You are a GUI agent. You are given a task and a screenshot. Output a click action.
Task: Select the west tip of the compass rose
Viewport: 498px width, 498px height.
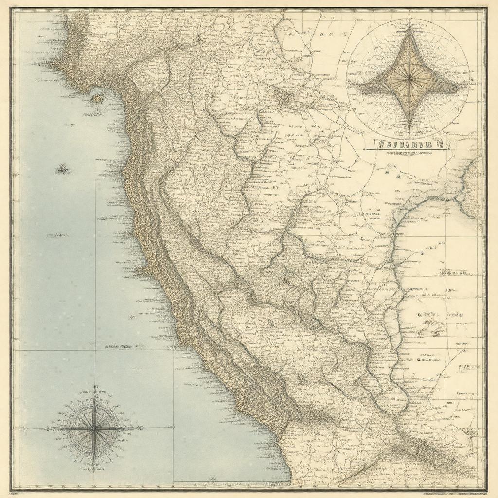[x=46, y=428]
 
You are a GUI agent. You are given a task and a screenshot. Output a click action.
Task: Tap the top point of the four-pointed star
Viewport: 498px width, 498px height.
[x=409, y=24]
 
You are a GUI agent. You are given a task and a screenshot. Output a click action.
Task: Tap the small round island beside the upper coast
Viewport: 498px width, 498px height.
[x=98, y=98]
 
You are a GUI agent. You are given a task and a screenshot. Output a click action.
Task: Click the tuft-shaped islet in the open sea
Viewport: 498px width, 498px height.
[x=62, y=169]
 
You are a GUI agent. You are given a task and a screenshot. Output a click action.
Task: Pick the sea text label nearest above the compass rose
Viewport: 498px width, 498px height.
[x=118, y=347]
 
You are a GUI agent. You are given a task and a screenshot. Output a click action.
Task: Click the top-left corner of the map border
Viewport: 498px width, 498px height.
[x=12, y=9]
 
